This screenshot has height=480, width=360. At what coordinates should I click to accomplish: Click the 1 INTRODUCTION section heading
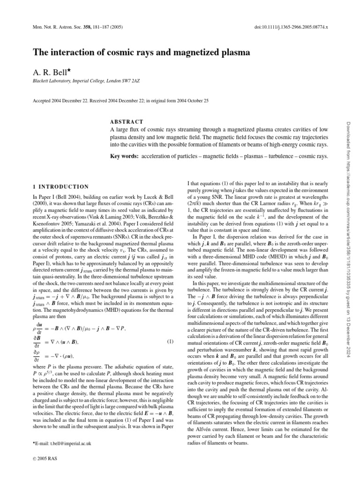[59, 186]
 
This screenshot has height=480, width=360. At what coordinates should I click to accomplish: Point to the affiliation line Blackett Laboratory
[86, 82]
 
